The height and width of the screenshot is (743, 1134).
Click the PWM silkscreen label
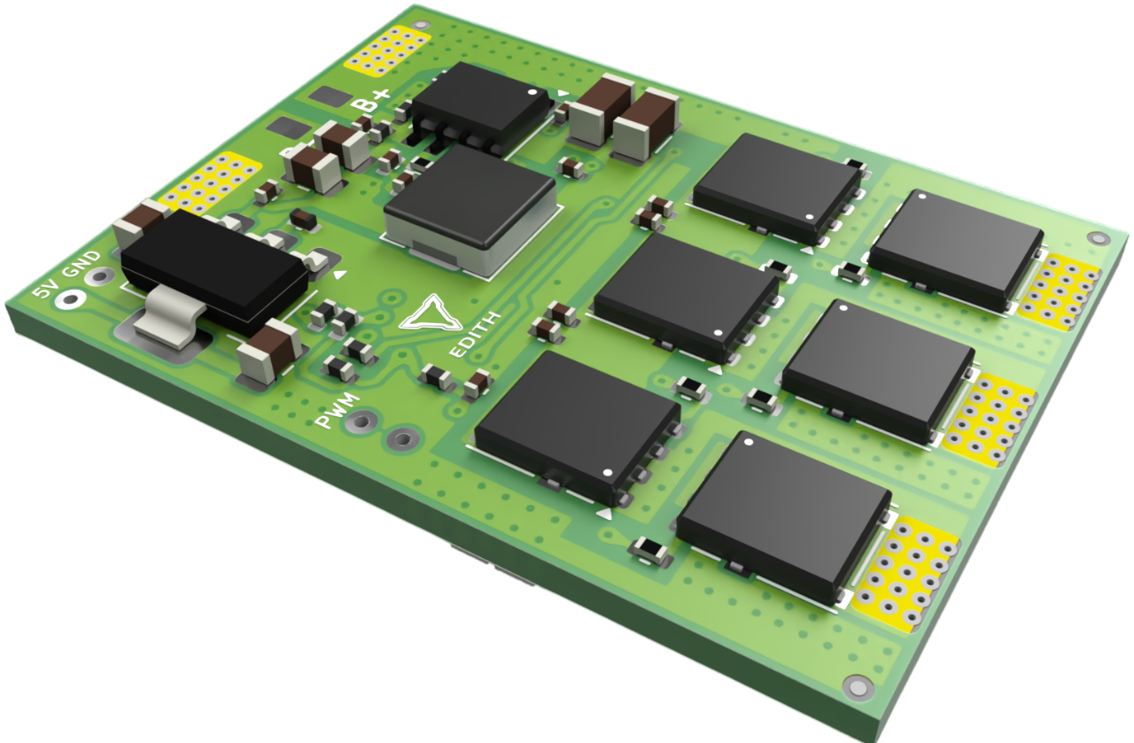[338, 411]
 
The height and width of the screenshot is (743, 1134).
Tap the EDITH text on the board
[475, 335]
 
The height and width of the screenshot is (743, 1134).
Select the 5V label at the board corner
[45, 290]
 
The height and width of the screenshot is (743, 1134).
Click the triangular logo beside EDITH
[430, 313]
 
